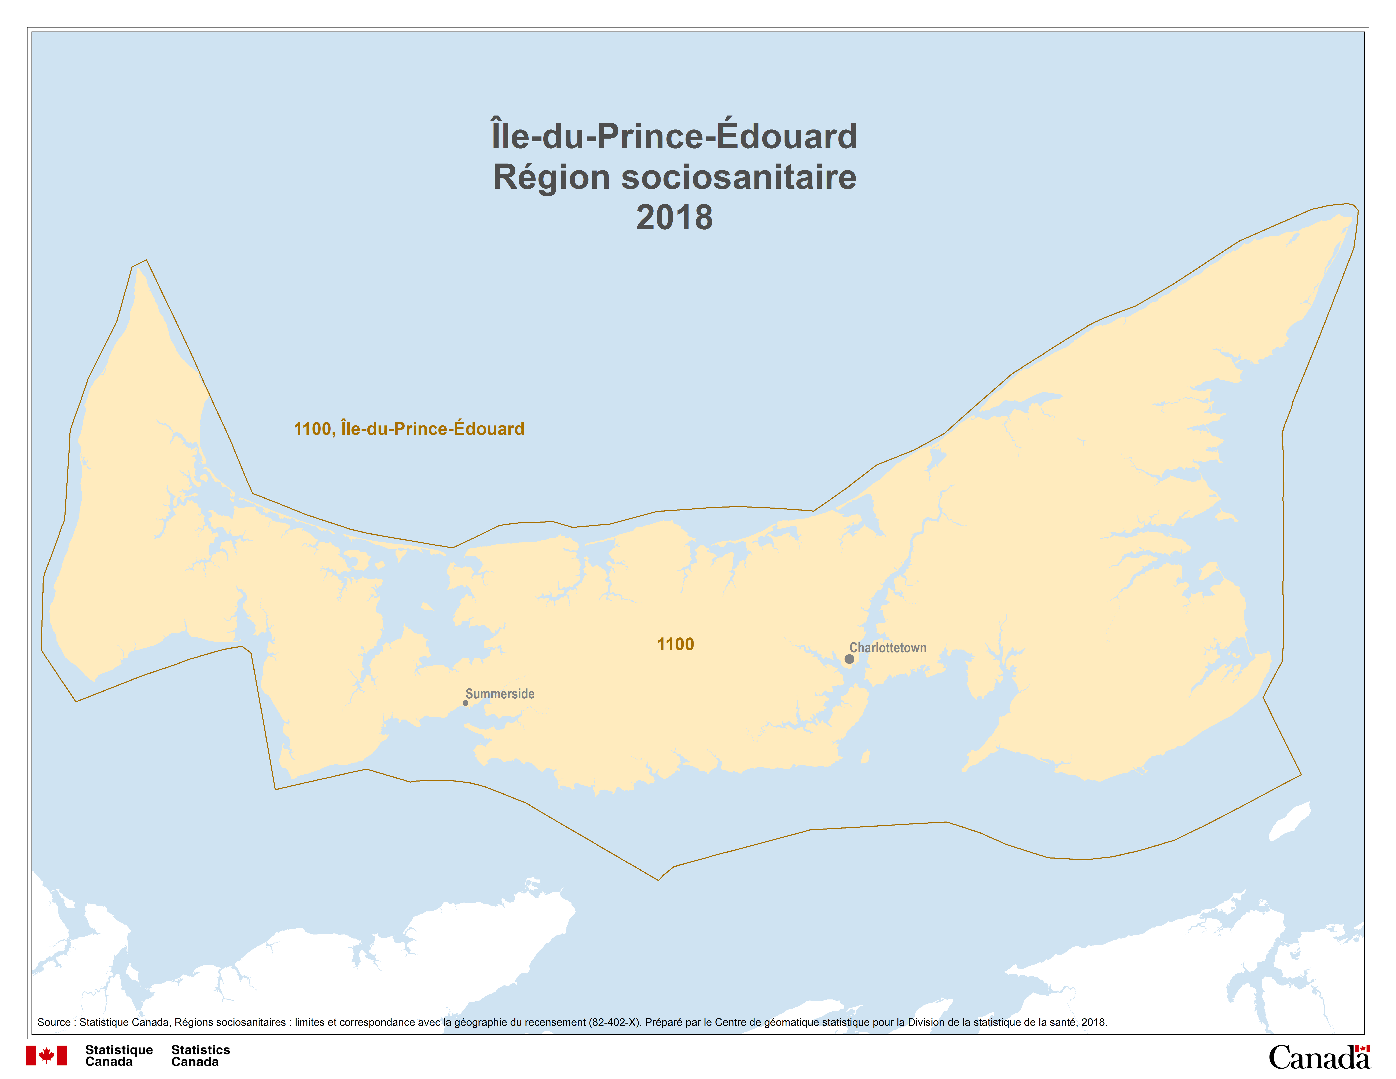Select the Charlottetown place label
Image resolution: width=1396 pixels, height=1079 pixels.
[888, 648]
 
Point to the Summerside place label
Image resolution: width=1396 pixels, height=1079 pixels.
[500, 694]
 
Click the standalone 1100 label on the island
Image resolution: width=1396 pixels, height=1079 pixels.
[676, 644]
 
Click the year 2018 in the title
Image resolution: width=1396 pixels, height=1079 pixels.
[674, 217]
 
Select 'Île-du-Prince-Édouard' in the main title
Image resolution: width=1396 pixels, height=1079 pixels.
[674, 136]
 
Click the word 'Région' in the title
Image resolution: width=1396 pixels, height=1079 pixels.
[551, 177]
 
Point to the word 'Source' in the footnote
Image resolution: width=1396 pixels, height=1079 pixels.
[54, 1022]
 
